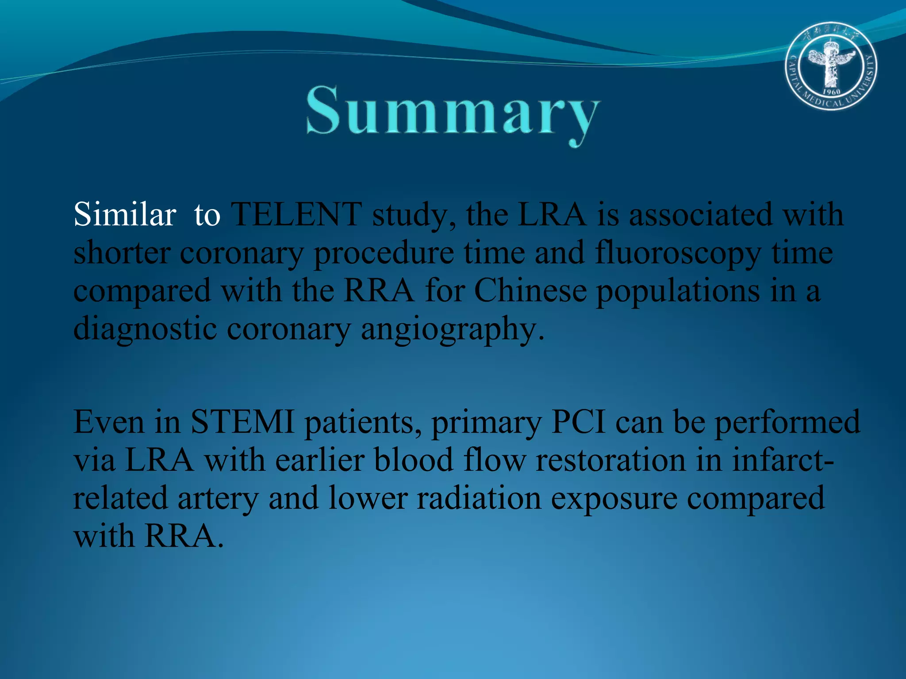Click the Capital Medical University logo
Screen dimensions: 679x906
[831, 66]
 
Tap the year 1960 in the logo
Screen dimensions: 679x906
[831, 92]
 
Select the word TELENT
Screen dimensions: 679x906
[297, 215]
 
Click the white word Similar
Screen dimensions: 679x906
[125, 215]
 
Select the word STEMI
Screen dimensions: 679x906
[242, 422]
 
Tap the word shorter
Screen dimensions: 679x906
[122, 254]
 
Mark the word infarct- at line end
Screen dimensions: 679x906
[783, 460]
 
